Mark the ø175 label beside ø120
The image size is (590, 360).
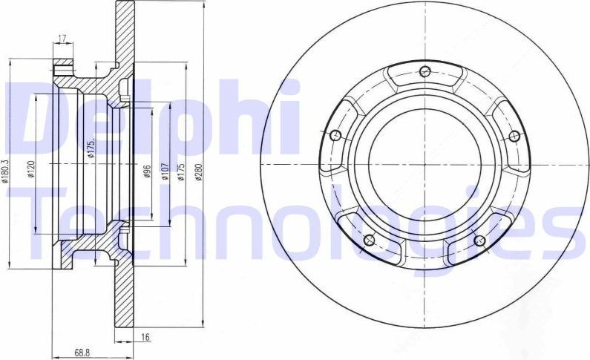pos(90,151)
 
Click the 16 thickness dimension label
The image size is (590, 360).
pos(145,338)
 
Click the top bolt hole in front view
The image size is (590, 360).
pos(425,72)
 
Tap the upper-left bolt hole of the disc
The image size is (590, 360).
pos(335,136)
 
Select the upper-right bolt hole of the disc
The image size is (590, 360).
pos(513,136)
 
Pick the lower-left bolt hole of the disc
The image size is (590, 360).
pos(369,240)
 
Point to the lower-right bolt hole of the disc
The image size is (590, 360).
pos(479,240)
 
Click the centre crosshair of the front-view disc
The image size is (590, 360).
pos(424,164)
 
